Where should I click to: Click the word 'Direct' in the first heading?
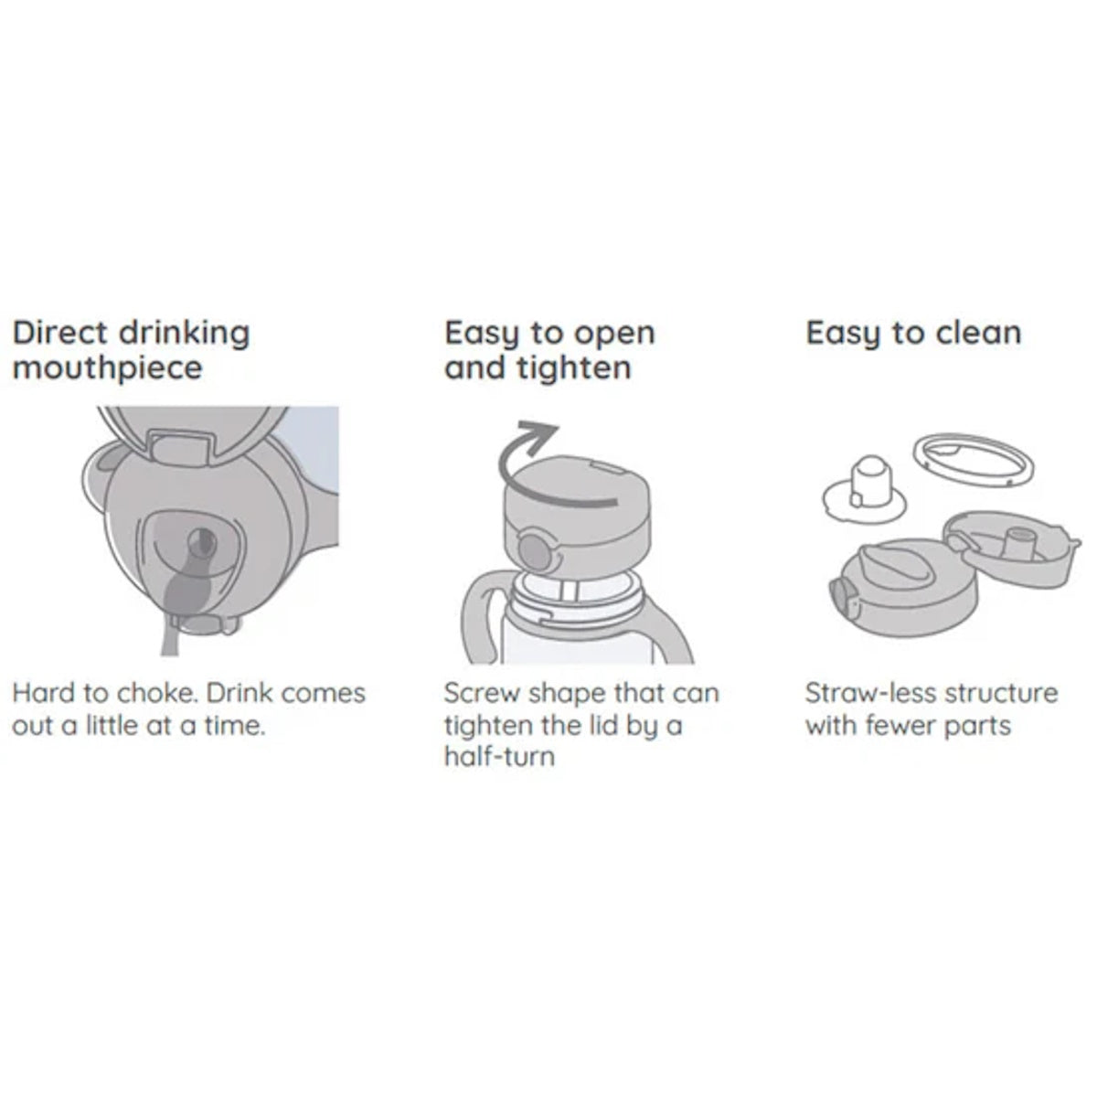point(59,333)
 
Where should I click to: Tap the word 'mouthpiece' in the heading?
point(107,368)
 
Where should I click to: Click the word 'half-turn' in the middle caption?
point(499,757)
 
